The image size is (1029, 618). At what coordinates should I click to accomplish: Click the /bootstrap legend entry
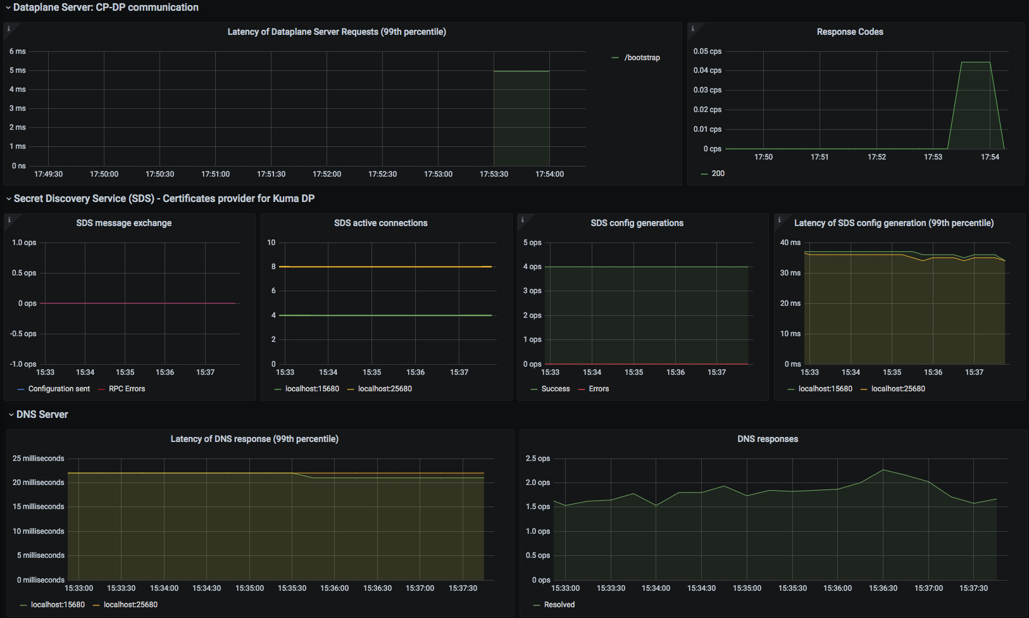[636, 58]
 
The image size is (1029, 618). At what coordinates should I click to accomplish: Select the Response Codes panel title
[850, 32]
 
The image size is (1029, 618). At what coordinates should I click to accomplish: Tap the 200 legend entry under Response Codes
[713, 173]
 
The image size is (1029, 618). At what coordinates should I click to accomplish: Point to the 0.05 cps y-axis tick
[708, 51]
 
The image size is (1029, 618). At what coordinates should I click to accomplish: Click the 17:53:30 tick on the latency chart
[494, 174]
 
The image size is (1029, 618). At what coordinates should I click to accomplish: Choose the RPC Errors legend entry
[122, 389]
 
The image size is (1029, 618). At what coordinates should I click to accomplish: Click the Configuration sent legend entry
[53, 389]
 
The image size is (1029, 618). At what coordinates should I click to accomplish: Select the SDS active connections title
[381, 223]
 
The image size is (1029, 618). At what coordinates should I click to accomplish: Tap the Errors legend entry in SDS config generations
[594, 389]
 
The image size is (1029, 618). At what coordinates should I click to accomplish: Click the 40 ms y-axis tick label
[790, 242]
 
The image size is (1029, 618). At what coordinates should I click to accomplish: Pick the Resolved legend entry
[554, 605]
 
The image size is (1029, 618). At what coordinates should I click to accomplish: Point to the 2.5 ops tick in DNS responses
[538, 458]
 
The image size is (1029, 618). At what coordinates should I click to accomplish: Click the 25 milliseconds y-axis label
[38, 458]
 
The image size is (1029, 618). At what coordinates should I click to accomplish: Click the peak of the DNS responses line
[883, 470]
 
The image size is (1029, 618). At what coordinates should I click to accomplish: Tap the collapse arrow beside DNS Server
[11, 415]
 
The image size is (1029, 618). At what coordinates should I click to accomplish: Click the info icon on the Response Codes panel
[693, 28]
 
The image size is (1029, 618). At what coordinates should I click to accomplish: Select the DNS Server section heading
[42, 415]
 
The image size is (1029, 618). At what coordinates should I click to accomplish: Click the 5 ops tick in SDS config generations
[532, 242]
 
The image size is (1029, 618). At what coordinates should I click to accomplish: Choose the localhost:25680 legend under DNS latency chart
[125, 605]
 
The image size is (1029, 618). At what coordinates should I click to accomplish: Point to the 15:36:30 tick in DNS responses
[883, 588]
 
